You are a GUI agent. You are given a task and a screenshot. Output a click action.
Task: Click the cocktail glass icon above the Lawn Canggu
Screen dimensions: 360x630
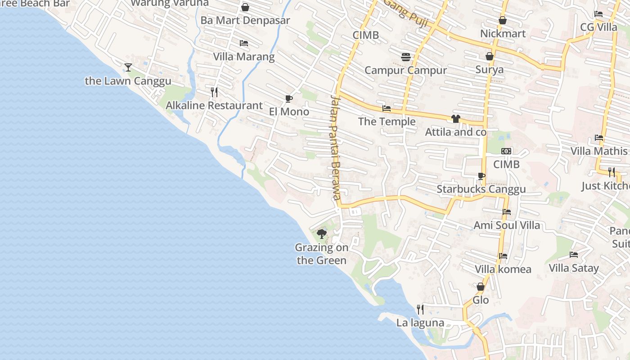(128, 67)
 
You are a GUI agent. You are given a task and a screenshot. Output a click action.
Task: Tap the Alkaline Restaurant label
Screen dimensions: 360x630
(214, 105)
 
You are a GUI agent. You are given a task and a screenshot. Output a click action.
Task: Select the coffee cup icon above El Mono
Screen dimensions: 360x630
(288, 99)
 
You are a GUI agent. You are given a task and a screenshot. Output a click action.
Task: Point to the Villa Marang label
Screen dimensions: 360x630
(243, 57)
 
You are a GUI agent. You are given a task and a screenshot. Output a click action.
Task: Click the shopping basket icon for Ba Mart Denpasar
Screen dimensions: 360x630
(245, 7)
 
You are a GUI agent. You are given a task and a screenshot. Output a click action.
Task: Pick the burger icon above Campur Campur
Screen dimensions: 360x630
(406, 57)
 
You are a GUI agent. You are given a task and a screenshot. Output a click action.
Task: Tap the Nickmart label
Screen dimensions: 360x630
(503, 34)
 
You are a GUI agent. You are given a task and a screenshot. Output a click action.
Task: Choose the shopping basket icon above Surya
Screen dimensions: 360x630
(490, 56)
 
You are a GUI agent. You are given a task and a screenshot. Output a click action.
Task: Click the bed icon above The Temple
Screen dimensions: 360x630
(387, 108)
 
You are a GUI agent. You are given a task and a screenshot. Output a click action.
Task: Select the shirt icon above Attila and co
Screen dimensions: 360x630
(456, 119)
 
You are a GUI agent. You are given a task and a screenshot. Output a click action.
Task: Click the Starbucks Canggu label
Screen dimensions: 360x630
(481, 189)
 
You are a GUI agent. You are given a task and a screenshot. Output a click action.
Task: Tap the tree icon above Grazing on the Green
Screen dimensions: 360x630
(321, 234)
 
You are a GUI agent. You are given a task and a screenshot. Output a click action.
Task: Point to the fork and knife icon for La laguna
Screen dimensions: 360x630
(420, 309)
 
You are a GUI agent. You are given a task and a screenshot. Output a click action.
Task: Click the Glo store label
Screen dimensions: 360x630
(481, 300)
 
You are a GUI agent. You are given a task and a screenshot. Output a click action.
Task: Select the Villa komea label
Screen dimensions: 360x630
(503, 269)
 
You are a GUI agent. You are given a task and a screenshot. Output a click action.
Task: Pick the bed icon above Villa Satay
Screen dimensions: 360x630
(574, 255)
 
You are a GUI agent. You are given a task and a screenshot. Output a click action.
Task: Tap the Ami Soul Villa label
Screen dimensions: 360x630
(507, 225)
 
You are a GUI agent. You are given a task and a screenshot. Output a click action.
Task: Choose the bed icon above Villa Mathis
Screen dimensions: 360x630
(599, 138)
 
